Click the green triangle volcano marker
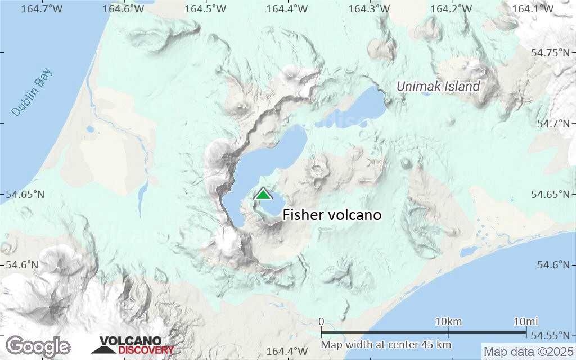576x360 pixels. pos(263,194)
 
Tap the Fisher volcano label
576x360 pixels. pos(332,215)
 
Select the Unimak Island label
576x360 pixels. pos(438,86)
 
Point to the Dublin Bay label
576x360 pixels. pos(31,92)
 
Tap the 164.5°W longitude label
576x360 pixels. pos(205,8)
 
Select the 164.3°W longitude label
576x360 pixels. pos(369,8)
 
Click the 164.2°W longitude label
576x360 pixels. pos(451,8)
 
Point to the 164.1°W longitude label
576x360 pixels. pos(533,8)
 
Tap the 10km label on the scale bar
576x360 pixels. pos(449,322)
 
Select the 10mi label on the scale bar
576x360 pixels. pos(526,322)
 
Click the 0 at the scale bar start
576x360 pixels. pos(321,322)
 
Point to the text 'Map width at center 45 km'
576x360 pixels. pos(386,344)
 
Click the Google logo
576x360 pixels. pos(38,346)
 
